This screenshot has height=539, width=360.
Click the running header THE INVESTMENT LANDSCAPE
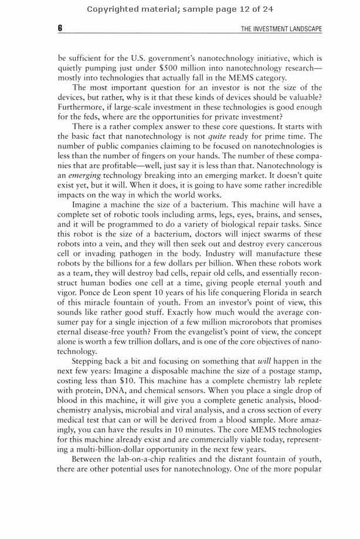281,30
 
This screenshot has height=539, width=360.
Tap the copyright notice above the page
180,9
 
